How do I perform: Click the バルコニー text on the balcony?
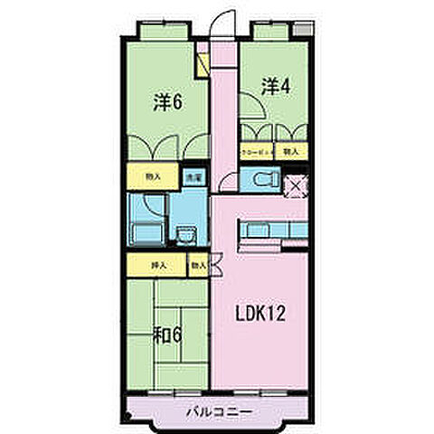[x=220, y=411]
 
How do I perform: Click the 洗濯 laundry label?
[x=193, y=179]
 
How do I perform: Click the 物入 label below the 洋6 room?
[x=155, y=178]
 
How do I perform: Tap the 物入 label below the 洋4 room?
[x=289, y=151]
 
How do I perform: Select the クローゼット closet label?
[x=255, y=151]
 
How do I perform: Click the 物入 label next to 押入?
[x=198, y=266]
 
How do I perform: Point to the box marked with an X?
[x=294, y=187]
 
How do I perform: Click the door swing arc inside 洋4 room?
[x=253, y=110]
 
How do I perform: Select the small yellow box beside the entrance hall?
[x=204, y=65]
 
